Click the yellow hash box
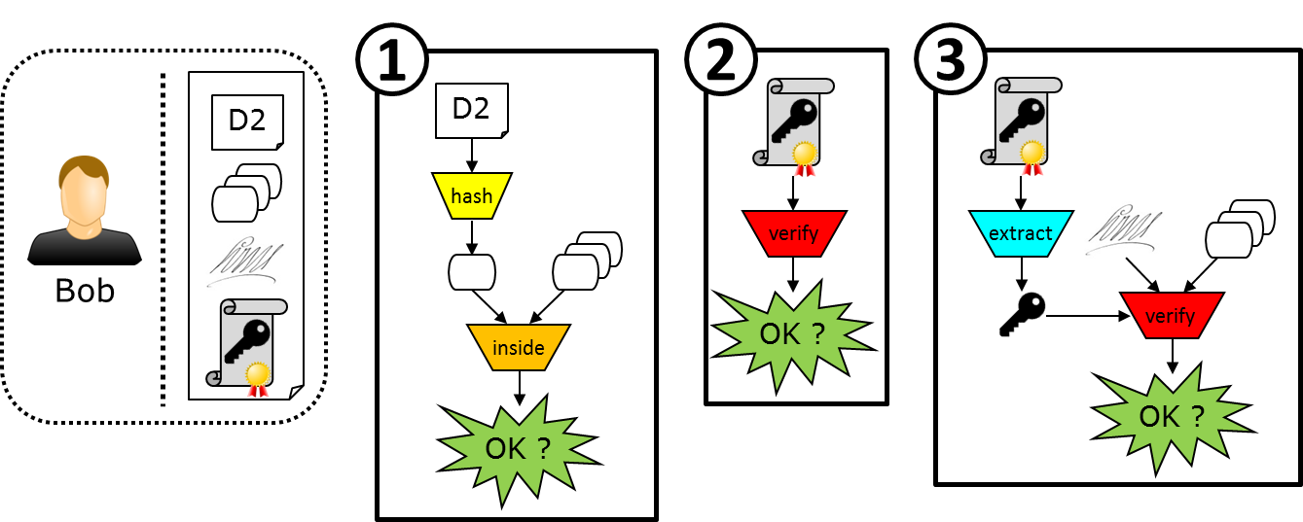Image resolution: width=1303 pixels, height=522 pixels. pos(471,196)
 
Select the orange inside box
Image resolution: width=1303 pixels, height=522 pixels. pos(519,347)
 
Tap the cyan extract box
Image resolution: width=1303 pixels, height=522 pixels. pos(1022,233)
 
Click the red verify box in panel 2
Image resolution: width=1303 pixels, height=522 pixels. pos(794,233)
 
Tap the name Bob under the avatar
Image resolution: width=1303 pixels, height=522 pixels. pos(85,291)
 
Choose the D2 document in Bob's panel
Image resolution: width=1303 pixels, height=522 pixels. pos(248,122)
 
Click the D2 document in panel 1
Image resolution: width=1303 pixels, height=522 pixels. pos(471,108)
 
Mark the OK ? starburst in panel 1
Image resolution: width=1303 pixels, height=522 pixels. pos(519,449)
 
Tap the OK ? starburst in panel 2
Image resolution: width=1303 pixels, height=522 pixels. pos(793,333)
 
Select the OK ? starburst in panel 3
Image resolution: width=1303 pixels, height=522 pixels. pos(1172,416)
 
